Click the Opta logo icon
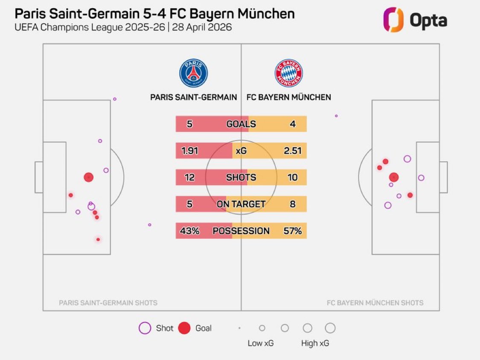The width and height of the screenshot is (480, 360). click(393, 20)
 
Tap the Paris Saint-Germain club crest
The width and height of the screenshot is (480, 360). click(193, 73)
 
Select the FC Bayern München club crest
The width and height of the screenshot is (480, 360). click(288, 73)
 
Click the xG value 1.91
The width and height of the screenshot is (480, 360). click(190, 151)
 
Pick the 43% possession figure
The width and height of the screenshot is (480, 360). click(190, 231)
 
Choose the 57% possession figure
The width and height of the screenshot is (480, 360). click(292, 231)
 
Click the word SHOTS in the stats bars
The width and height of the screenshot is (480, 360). click(241, 177)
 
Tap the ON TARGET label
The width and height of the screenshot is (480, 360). click(241, 204)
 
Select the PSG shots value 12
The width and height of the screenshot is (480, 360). click(190, 177)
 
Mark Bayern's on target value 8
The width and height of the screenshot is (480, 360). click(293, 204)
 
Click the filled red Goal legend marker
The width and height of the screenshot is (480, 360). click(184, 328)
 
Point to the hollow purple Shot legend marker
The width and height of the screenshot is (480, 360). click(145, 328)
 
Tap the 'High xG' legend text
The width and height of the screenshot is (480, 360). click(315, 343)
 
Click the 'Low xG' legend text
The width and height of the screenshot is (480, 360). click(261, 343)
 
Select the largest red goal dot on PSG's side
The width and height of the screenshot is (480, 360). click(88, 177)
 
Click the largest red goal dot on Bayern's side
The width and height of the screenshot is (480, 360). click(394, 177)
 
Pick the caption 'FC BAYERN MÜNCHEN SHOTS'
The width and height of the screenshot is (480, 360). click(375, 303)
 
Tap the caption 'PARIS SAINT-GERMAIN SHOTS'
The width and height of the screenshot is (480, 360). click(108, 303)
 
